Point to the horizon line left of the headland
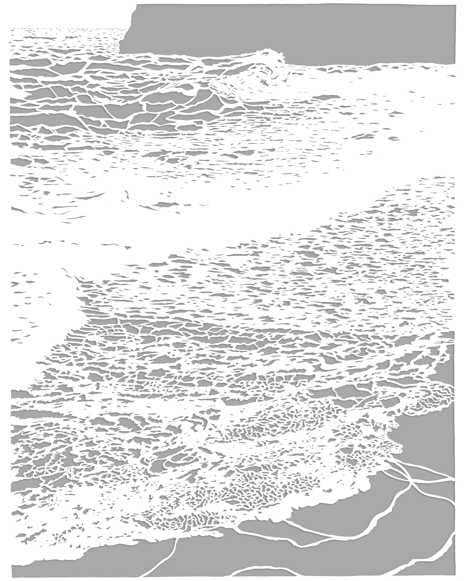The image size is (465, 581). point(67,28)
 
